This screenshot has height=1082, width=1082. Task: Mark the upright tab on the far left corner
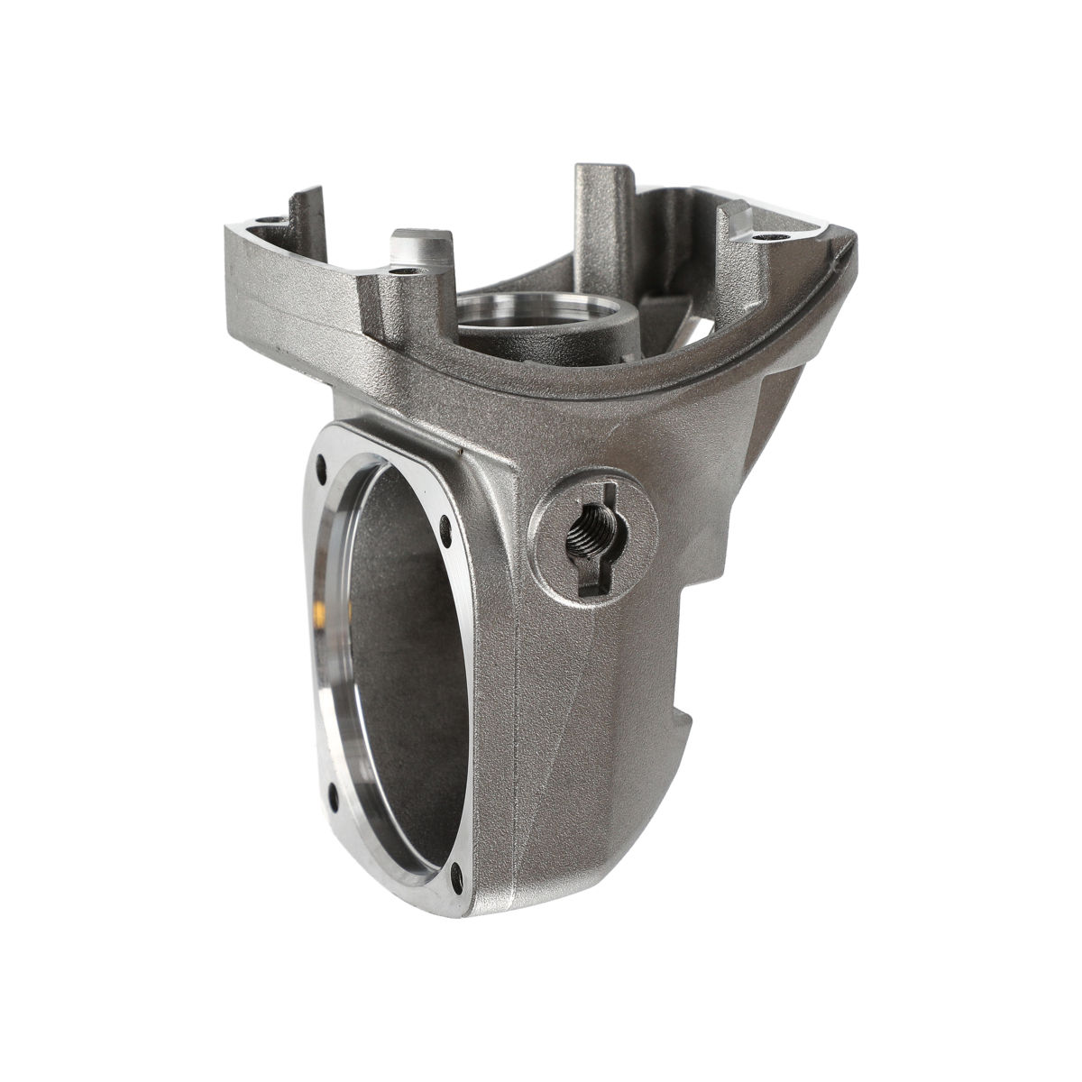[307, 212]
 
